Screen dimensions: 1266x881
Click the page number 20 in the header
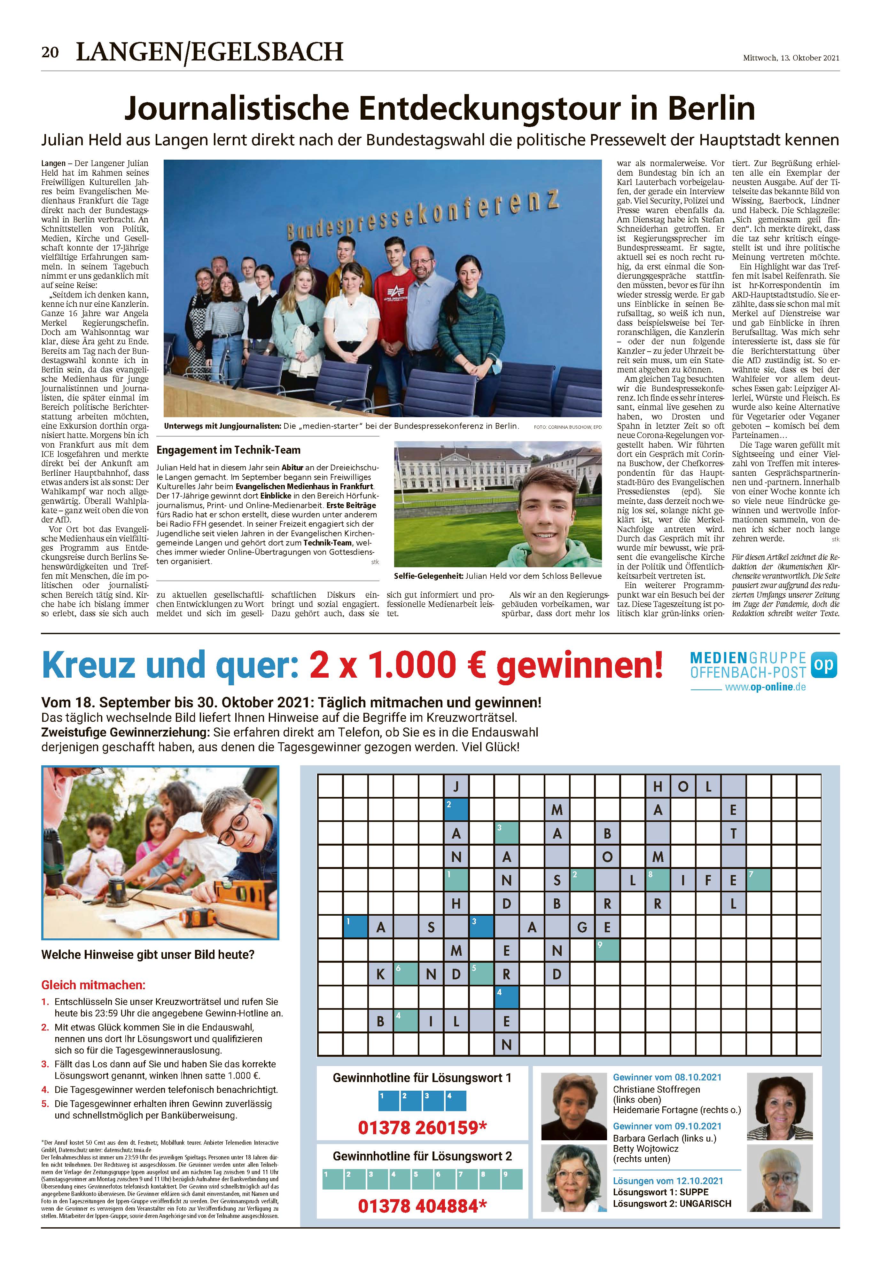(x=50, y=52)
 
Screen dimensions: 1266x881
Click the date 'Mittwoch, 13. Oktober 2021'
(x=791, y=57)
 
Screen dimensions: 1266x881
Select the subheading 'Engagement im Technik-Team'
(x=228, y=450)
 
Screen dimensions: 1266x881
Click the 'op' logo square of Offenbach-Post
(x=824, y=665)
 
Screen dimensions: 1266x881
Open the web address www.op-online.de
(x=765, y=687)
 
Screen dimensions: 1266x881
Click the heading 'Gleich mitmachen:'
(x=94, y=985)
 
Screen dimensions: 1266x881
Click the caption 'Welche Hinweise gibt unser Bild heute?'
(x=148, y=954)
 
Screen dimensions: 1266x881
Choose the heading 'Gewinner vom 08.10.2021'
(x=667, y=1077)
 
